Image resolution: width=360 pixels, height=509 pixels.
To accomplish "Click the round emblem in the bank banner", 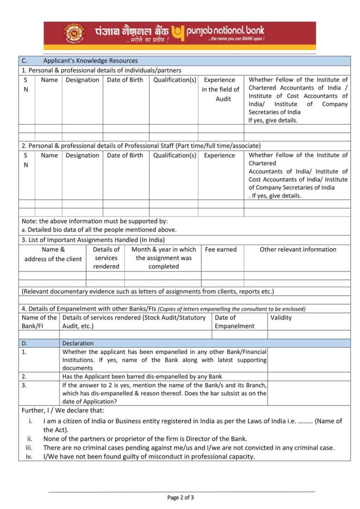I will [75, 34].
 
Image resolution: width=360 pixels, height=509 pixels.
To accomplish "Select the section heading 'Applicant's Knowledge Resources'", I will [90, 60].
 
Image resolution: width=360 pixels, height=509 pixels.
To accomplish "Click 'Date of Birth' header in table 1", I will [125, 80].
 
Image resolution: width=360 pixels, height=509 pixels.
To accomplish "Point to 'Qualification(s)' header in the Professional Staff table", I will [175, 155].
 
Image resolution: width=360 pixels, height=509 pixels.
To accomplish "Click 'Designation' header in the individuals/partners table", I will [82, 80].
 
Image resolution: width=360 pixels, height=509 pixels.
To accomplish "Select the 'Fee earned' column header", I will [221, 249].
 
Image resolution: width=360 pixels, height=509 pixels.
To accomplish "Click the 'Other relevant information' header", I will [298, 249].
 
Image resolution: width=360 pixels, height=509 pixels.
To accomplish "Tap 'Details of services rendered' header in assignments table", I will [106, 258].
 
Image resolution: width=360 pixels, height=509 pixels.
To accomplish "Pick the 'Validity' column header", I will [281, 317].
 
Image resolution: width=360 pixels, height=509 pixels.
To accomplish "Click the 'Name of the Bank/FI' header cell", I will [39, 322].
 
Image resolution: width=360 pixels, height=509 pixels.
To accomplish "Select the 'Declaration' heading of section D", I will [78, 343].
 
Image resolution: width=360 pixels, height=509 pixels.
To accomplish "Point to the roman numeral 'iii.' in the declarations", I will [29, 448].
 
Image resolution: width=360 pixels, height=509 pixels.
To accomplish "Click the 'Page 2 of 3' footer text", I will [180, 497].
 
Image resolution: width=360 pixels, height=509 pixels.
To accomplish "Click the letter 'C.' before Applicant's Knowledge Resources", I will [24, 60].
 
